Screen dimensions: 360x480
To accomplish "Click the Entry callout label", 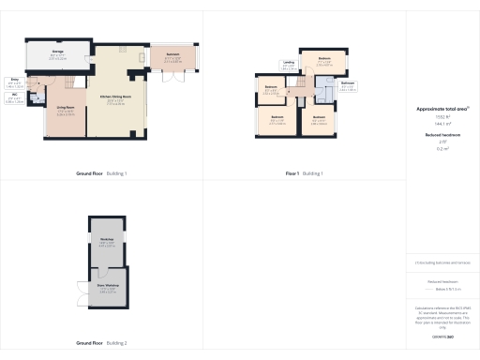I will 15,82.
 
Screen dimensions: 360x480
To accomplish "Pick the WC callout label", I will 15,96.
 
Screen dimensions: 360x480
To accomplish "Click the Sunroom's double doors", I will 172,77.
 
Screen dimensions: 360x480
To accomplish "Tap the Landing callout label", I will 289,64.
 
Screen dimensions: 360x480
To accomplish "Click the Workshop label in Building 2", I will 107,241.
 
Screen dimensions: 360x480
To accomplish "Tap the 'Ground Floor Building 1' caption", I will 101,173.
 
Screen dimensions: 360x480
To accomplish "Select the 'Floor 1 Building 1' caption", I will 304,173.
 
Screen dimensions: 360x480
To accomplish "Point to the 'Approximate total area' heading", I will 442,109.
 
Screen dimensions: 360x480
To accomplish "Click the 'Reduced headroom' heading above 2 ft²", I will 442,135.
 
